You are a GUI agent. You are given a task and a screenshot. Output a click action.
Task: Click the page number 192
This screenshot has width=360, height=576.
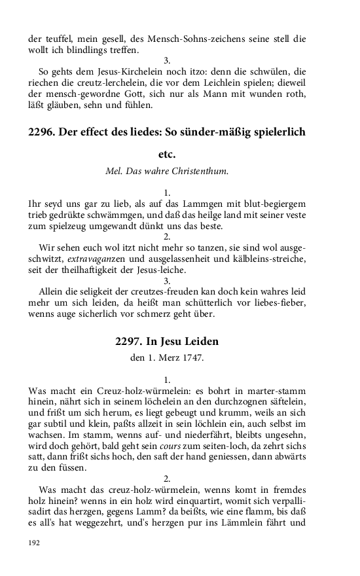click(x=34, y=543)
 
